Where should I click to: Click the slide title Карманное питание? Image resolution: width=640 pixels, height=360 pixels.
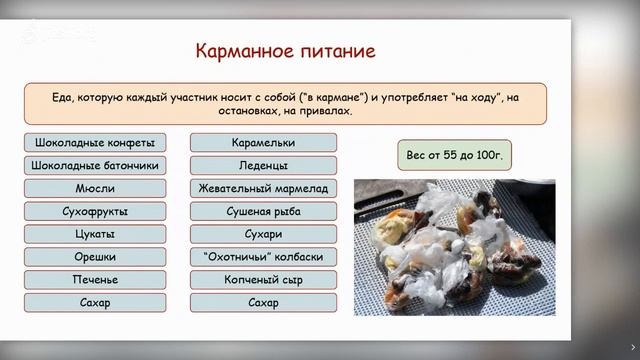click(x=270, y=49)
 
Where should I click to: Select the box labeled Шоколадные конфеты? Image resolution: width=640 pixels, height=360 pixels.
click(x=95, y=142)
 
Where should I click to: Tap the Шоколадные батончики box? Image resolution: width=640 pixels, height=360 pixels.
click(x=95, y=165)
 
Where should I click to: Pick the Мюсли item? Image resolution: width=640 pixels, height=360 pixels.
click(x=95, y=188)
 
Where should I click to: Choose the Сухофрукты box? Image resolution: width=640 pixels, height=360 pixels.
click(x=95, y=211)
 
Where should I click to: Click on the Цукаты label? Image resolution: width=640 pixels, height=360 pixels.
click(x=95, y=234)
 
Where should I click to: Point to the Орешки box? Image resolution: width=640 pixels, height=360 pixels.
click(x=95, y=257)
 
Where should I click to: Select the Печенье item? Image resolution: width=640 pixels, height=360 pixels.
click(x=95, y=280)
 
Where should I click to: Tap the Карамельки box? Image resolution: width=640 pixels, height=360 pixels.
click(x=263, y=142)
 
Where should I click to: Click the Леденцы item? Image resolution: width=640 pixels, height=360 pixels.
click(x=263, y=165)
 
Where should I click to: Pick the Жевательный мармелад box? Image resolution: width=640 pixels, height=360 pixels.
click(x=263, y=188)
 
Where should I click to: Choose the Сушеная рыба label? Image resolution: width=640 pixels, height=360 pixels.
click(x=263, y=211)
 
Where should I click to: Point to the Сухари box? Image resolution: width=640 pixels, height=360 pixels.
click(x=263, y=234)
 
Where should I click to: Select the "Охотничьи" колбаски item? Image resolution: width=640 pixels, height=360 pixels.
click(x=263, y=257)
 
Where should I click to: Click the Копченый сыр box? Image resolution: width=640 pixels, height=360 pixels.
click(x=263, y=280)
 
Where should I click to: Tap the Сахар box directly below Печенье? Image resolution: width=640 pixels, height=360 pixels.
click(x=95, y=302)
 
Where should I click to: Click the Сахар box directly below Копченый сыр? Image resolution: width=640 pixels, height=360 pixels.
click(x=263, y=302)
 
